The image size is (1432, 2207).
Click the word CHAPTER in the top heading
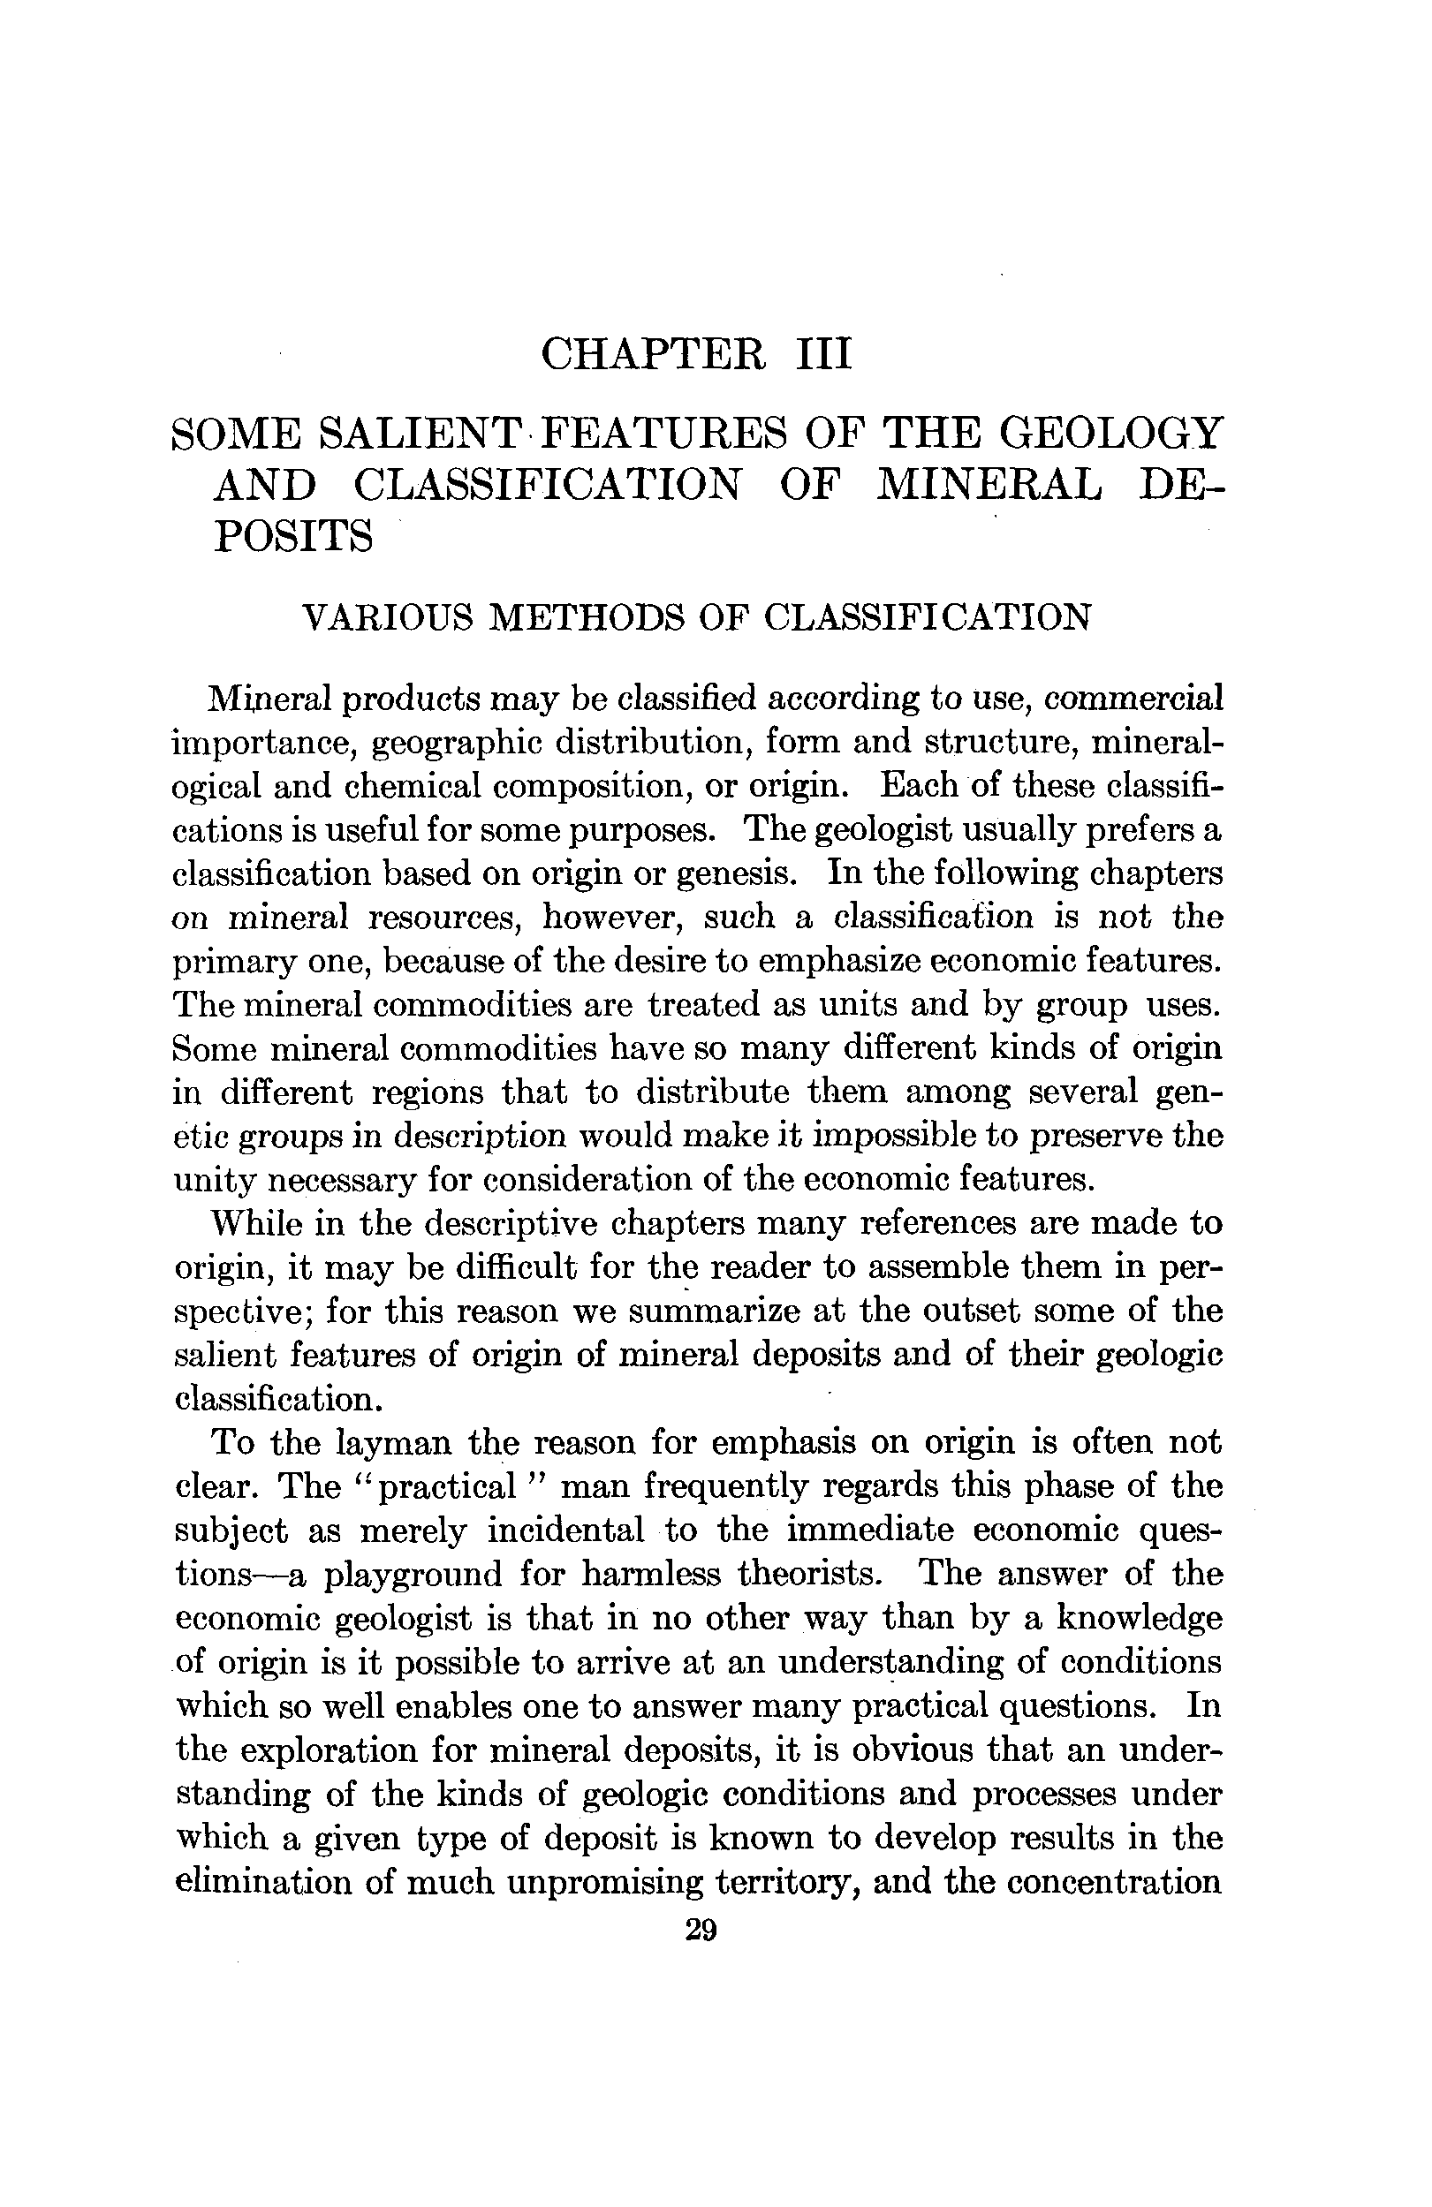pyautogui.click(x=653, y=354)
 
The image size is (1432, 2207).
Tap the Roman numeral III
pyautogui.click(x=823, y=354)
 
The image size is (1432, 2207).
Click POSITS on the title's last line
pyautogui.click(x=293, y=536)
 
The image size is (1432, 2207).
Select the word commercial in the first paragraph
pyautogui.click(x=1133, y=698)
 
